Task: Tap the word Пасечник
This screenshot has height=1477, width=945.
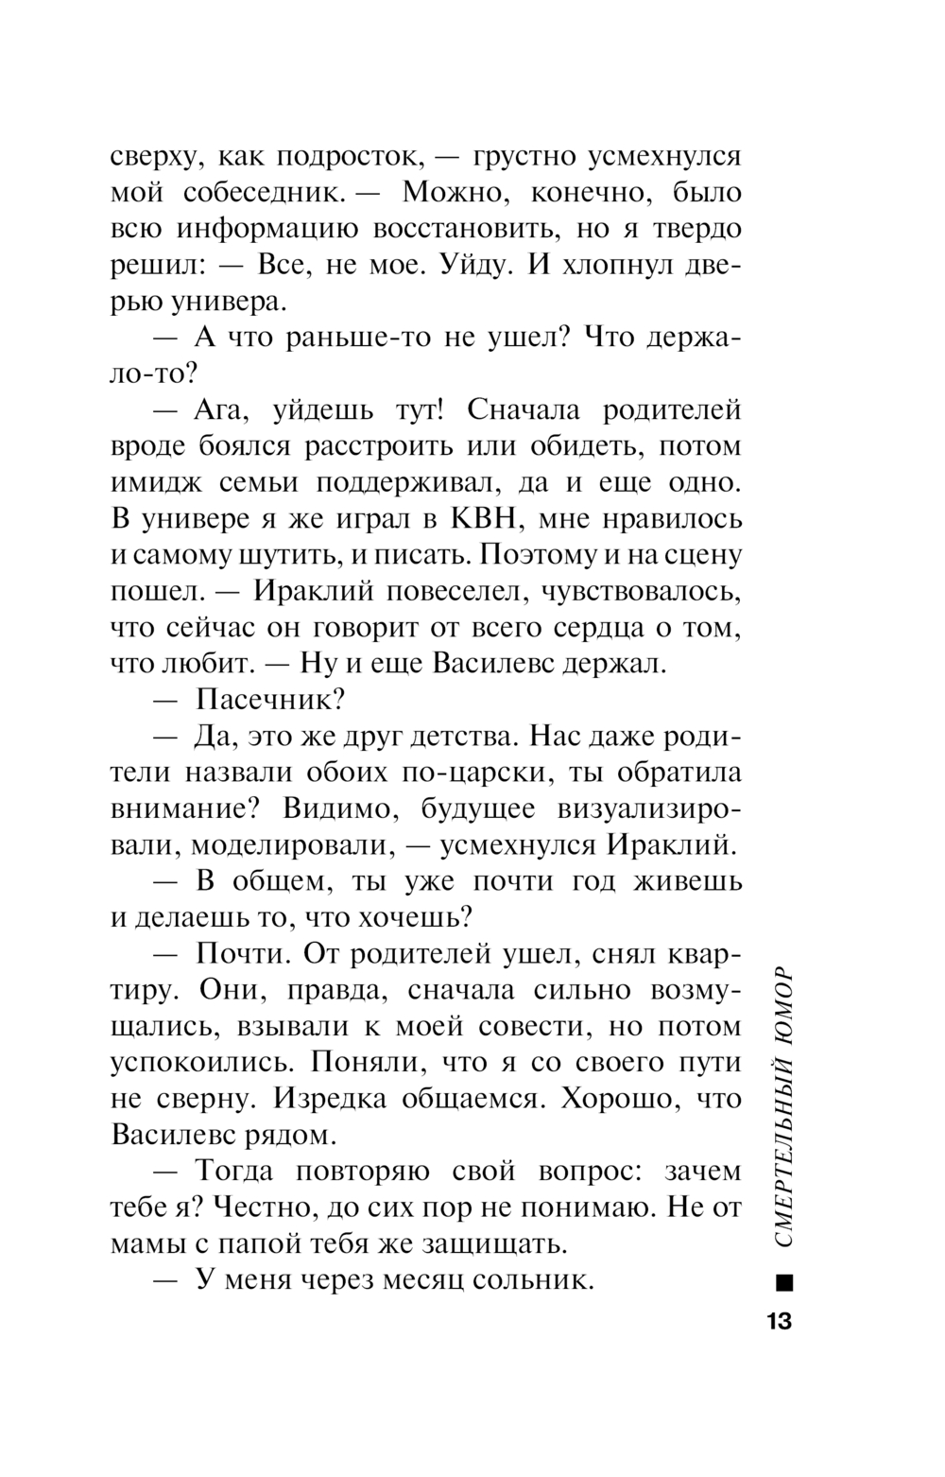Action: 266,700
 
